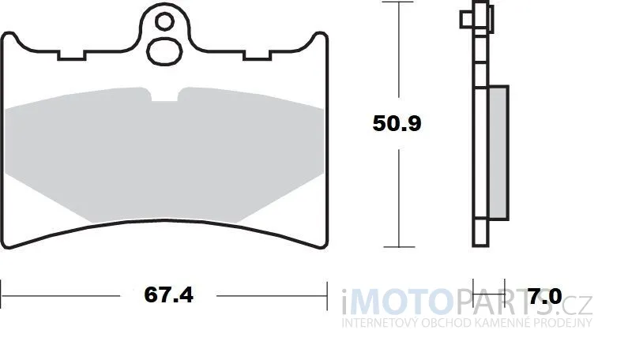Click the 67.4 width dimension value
tap(168, 295)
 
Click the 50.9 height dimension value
tap(397, 123)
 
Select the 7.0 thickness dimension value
tap(544, 297)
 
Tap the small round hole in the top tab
tap(164, 21)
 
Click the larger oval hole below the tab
tap(164, 51)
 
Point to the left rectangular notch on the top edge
tap(72, 55)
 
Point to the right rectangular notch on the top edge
tap(257, 55)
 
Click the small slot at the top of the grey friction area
tap(164, 95)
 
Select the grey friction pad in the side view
tap(498, 152)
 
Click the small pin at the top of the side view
tap(467, 19)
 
